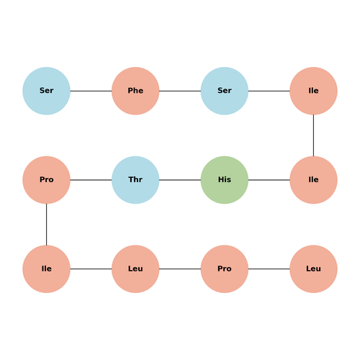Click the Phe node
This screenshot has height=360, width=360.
click(x=135, y=91)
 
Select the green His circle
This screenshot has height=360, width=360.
click(x=225, y=180)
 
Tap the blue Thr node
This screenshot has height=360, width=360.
click(x=135, y=180)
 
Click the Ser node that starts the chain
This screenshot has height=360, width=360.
click(x=46, y=91)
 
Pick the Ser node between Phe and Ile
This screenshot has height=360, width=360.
click(x=225, y=91)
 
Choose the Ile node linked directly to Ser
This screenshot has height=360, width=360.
click(x=313, y=91)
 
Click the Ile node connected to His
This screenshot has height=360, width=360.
click(x=313, y=180)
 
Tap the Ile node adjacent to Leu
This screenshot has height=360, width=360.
click(x=46, y=269)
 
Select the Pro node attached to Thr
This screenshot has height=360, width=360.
click(x=46, y=180)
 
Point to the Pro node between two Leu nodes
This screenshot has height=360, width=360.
click(x=225, y=269)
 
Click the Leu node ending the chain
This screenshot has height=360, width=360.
click(x=313, y=269)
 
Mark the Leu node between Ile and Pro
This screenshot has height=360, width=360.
click(x=135, y=269)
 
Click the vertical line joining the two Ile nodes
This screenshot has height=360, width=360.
click(x=313, y=135)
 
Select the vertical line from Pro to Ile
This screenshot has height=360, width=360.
click(x=46, y=225)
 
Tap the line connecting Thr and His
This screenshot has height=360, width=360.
click(x=180, y=180)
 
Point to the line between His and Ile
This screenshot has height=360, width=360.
click(x=269, y=180)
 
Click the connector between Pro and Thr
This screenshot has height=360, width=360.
click(x=91, y=180)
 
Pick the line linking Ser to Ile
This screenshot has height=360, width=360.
click(x=269, y=91)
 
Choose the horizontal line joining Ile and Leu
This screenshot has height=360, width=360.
click(x=91, y=269)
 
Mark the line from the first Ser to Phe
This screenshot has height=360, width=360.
click(x=91, y=91)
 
